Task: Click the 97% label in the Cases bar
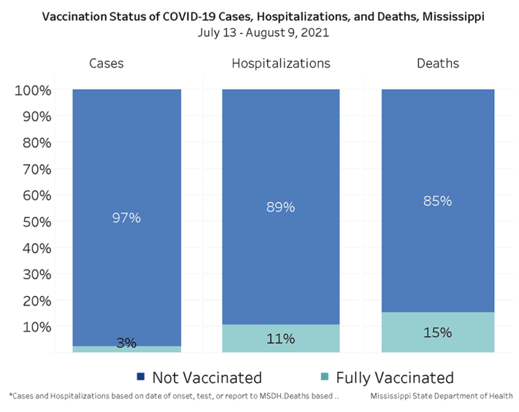click(126, 218)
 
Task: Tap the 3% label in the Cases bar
click(126, 343)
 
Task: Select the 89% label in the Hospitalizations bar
click(280, 207)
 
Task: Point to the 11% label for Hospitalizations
click(280, 338)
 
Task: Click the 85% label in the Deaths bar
click(437, 201)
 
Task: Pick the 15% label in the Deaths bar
click(437, 333)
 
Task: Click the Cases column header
click(107, 63)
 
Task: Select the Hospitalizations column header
click(280, 63)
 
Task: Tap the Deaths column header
click(437, 63)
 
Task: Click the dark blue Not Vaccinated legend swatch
click(141, 376)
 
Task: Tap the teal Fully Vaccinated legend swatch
click(324, 376)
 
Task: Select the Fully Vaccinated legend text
click(395, 377)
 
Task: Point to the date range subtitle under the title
click(264, 32)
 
